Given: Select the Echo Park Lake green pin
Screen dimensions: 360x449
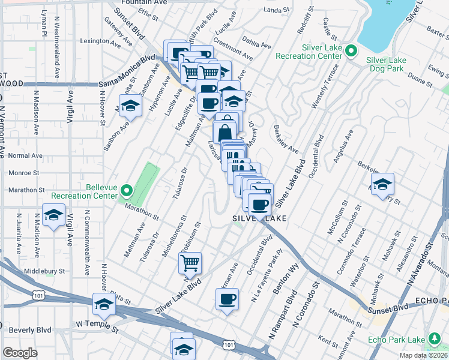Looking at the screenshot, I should tap(433, 340).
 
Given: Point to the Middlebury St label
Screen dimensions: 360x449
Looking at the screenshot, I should tap(44, 271).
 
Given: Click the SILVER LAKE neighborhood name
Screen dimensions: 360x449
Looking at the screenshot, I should tap(259, 220).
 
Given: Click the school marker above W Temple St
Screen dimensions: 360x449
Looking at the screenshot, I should tap(104, 304).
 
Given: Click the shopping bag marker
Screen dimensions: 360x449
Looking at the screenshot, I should tap(224, 131).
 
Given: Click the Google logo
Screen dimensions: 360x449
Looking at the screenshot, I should tap(19, 353).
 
